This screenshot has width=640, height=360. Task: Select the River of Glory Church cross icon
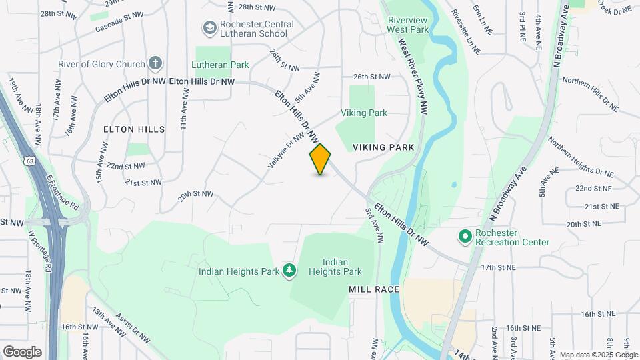tap(155, 64)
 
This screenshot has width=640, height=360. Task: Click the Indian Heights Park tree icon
tap(289, 271)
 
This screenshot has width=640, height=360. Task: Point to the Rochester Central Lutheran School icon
tap(208, 29)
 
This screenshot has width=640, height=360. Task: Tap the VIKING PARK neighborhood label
tap(383, 147)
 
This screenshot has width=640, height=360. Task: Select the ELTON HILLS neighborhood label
tap(133, 129)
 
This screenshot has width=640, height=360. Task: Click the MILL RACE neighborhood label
tap(374, 289)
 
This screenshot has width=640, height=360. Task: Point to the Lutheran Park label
tap(220, 65)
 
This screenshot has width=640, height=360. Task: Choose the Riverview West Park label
tap(408, 25)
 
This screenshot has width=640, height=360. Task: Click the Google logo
tap(22, 351)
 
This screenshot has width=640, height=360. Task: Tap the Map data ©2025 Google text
tap(598, 355)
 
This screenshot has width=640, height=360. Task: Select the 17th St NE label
tap(498, 267)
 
